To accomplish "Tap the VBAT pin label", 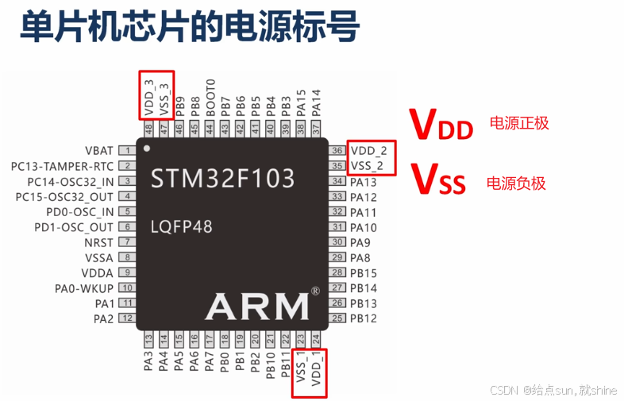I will [99, 150].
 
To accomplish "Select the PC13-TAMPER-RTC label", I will [63, 166].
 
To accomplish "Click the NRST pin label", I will [98, 242].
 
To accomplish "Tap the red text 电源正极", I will [518, 123].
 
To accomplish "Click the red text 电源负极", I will [516, 183].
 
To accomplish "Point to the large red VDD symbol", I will [441, 125].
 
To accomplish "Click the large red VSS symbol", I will [438, 179].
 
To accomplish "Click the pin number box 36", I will [337, 150].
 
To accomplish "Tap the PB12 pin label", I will [364, 318].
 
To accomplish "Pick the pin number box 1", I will [126, 150].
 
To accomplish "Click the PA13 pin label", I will [364, 182].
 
